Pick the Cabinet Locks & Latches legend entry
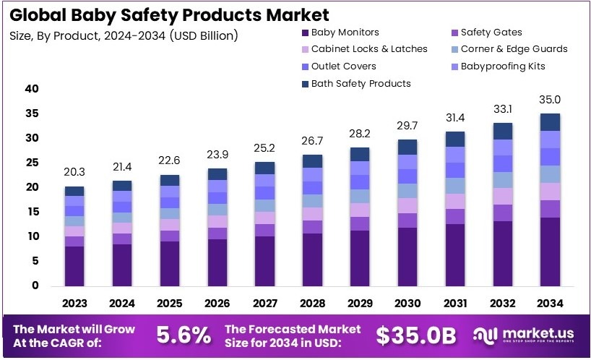(x=369, y=48)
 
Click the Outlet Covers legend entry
(x=343, y=66)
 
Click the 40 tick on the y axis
(x=31, y=89)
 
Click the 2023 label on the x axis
(x=74, y=303)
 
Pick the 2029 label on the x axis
(x=360, y=303)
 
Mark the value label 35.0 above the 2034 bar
(x=551, y=100)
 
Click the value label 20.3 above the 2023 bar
(x=74, y=172)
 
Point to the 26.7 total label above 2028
(x=312, y=140)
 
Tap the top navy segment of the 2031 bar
(x=455, y=139)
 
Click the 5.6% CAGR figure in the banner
(x=184, y=335)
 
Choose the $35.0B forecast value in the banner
(x=416, y=335)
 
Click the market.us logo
(x=524, y=334)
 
